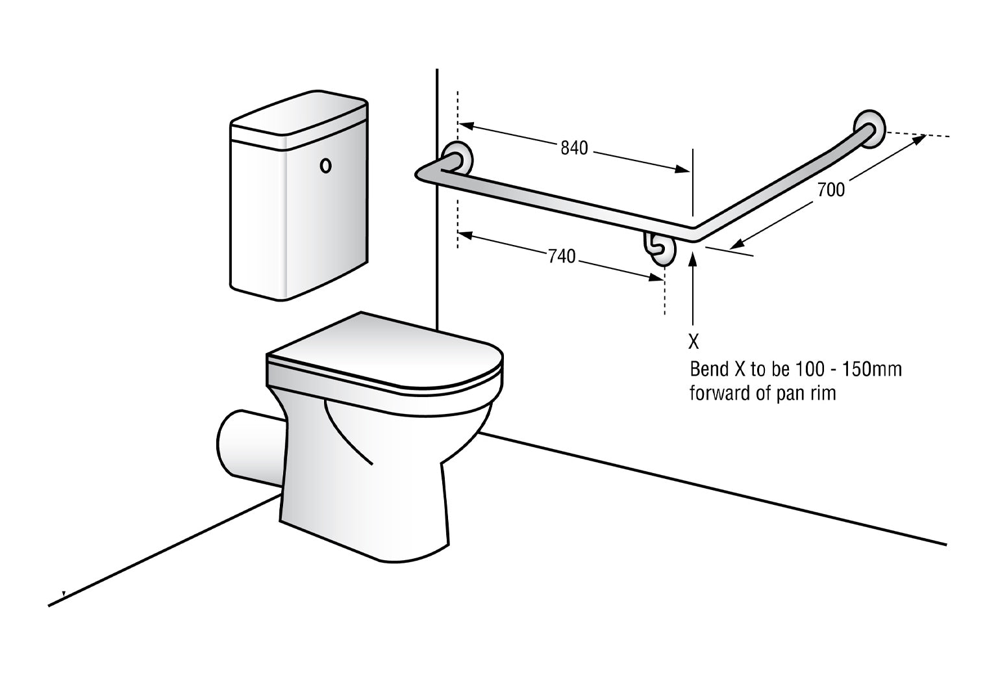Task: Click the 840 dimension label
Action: coord(574,148)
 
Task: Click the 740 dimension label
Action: coord(562,257)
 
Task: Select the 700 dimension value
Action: coord(831,190)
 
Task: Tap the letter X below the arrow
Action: coord(693,342)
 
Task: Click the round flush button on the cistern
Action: coord(325,166)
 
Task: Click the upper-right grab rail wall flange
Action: coord(868,127)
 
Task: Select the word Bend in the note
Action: coord(708,370)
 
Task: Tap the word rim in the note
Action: coord(822,393)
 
